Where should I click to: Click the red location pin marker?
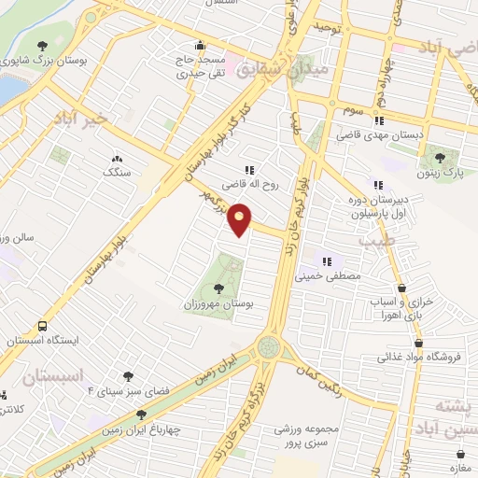click(240, 219)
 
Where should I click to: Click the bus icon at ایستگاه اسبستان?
click(43, 326)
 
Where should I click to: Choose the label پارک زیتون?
click(439, 173)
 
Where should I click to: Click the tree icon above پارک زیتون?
click(439, 155)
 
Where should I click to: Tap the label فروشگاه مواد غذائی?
click(415, 357)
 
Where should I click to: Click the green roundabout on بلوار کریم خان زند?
click(271, 346)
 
